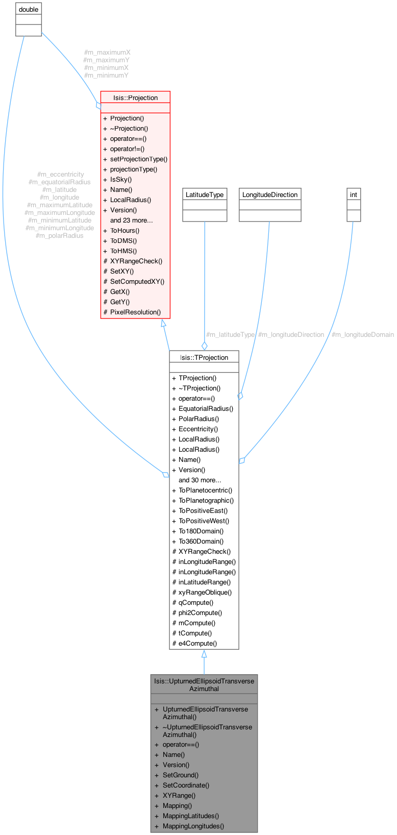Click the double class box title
point(28,10)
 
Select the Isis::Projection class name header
point(135,97)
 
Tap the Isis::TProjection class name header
point(204,357)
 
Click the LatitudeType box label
point(204,194)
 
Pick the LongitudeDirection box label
point(269,194)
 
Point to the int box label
point(353,194)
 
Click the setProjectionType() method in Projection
point(138,159)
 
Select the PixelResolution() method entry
point(135,312)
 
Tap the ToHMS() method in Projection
point(123,251)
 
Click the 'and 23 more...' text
point(131,220)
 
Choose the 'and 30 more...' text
point(200,480)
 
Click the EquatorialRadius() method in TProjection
point(206,408)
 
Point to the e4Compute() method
point(197,643)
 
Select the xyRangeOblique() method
point(205,592)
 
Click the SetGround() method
point(180,775)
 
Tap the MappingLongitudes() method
point(193,826)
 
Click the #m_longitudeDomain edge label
point(362,335)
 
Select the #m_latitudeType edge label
point(230,335)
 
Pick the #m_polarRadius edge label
point(60,235)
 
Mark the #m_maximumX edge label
point(107,52)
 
